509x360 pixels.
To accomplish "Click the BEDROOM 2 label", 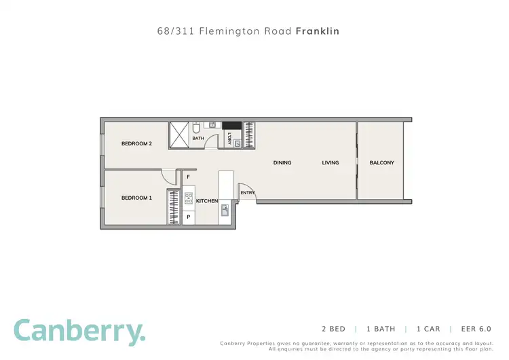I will point(136,143).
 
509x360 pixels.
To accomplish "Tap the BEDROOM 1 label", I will point(136,198).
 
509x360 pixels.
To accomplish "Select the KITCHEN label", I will point(207,201).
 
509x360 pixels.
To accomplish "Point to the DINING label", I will point(282,162).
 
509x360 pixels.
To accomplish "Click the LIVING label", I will point(330,162).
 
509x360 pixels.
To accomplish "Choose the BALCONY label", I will point(381,162).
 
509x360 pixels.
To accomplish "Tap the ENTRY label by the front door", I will point(247,193).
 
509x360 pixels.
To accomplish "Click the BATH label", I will point(197,139).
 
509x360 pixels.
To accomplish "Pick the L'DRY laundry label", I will point(230,139).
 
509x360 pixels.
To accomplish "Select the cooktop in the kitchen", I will point(189,199).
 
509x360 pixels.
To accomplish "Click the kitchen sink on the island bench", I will point(225,210).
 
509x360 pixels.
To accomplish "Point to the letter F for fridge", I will point(188,177).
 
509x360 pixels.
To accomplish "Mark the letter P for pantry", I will point(188,217).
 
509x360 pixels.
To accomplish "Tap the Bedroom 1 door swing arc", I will point(166,176).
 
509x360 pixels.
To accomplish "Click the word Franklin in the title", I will point(318,31).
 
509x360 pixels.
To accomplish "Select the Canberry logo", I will point(79,331).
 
